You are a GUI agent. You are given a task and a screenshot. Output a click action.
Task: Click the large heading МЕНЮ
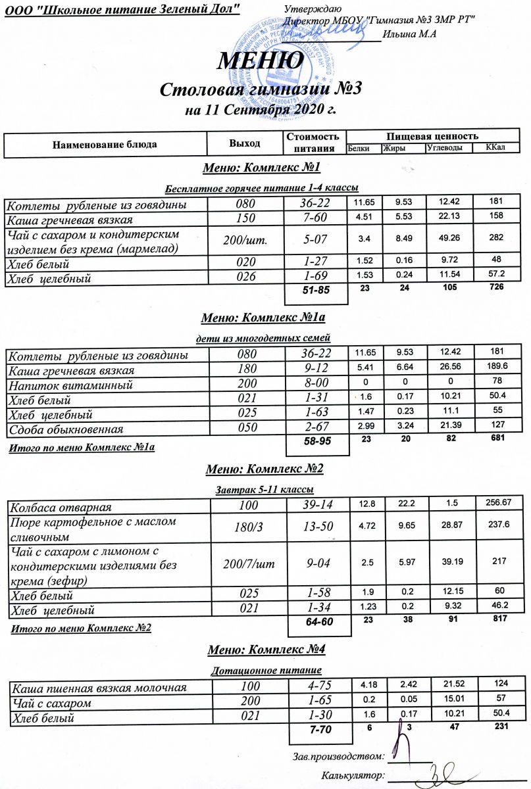pyautogui.click(x=262, y=61)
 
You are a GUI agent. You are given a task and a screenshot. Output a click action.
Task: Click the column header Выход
pyautogui.click(x=245, y=143)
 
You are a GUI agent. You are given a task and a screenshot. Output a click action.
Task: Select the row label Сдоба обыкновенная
pyautogui.click(x=65, y=429)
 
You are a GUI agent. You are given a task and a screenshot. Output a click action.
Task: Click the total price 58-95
pyautogui.click(x=315, y=442)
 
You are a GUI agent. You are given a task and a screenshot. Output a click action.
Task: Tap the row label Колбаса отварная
pyautogui.click(x=60, y=507)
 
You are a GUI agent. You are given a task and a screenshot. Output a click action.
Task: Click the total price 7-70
pyautogui.click(x=315, y=731)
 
